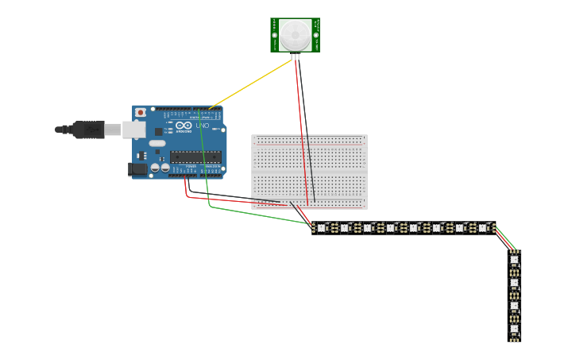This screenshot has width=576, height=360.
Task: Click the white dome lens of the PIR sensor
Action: (295, 34)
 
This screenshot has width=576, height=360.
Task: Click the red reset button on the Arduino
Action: (141, 113)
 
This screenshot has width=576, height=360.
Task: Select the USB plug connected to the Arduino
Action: (87, 130)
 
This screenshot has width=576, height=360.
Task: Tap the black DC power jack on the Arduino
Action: (137, 168)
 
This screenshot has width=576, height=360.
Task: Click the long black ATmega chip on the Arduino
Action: (195, 157)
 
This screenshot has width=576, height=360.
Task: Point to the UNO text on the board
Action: (203, 126)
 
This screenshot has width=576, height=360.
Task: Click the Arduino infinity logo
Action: (184, 126)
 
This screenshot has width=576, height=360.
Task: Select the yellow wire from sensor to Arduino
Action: (250, 83)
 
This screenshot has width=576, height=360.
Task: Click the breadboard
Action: (309, 172)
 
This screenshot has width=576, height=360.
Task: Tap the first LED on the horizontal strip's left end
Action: (321, 228)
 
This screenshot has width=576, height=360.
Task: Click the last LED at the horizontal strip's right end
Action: (481, 228)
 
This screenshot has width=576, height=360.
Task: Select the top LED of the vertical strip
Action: (514, 259)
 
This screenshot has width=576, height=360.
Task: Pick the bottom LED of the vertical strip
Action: (514, 328)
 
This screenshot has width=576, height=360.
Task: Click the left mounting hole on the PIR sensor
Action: (275, 35)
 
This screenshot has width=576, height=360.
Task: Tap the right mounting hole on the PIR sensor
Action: (315, 35)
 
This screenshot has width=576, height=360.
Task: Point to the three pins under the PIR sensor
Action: (296, 56)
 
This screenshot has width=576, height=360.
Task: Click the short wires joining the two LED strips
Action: (505, 241)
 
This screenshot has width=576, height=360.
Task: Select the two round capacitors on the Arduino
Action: (160, 168)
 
